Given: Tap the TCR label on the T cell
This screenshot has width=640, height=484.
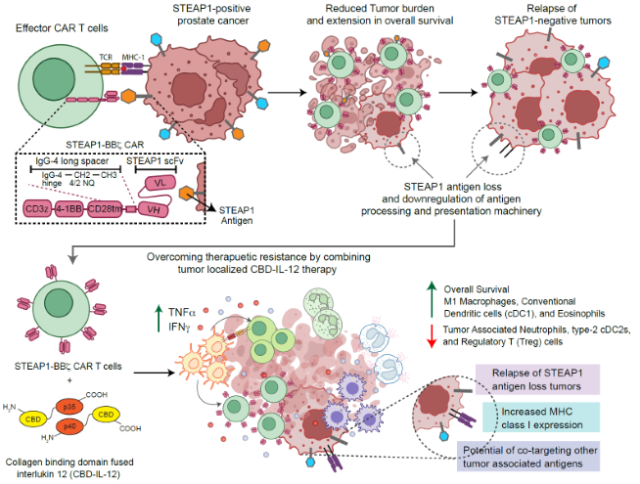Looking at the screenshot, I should pyautogui.click(x=106, y=57).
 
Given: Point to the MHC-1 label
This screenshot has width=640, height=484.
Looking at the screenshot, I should pyautogui.click(x=132, y=57).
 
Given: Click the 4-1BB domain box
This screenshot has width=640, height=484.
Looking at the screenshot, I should pyautogui.click(x=76, y=208).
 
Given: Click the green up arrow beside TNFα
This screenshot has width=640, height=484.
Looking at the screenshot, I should pyautogui.click(x=160, y=317).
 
